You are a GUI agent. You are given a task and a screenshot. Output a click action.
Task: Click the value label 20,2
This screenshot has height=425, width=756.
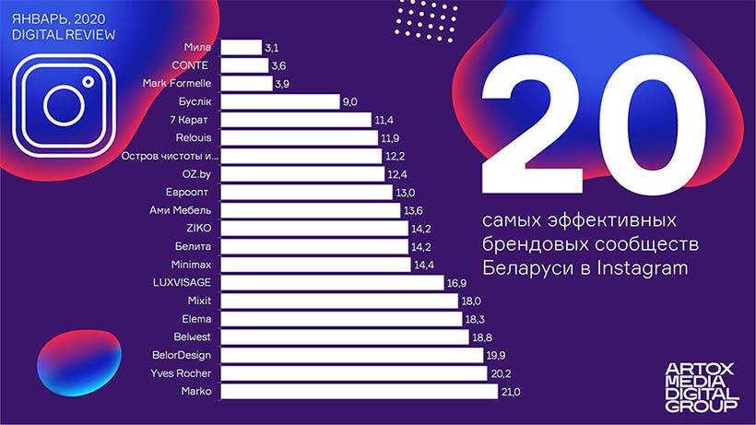click(500, 373)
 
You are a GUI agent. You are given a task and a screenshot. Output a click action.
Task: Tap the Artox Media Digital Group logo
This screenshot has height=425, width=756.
click(701, 386)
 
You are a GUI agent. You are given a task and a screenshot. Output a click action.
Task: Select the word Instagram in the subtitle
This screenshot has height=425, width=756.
click(640, 268)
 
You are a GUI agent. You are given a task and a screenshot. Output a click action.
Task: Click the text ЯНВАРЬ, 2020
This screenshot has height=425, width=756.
click(53, 18)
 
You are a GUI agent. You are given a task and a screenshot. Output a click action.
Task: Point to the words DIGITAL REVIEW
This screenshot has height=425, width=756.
click(64, 35)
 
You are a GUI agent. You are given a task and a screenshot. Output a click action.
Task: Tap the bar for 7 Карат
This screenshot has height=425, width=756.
click(296, 120)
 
